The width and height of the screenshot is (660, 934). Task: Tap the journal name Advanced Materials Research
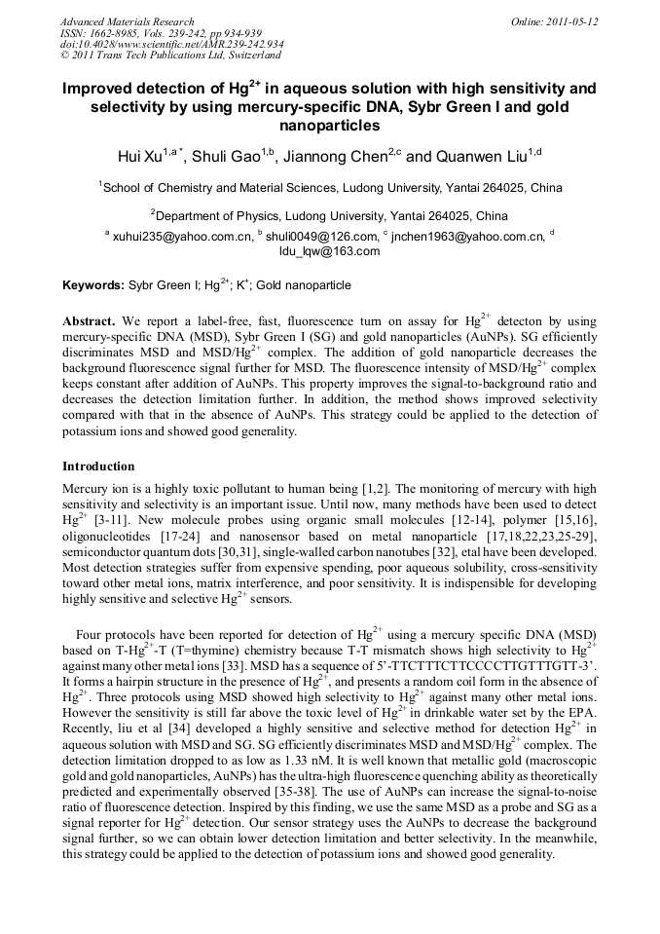[x=128, y=20]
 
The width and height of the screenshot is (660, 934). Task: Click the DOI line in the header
[x=171, y=44]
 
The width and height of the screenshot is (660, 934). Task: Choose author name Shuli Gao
[x=227, y=156]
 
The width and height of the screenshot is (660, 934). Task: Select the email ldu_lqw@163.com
[x=329, y=251]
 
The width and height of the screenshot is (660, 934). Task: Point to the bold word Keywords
[x=92, y=286]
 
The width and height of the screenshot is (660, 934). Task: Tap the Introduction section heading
[x=98, y=467]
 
